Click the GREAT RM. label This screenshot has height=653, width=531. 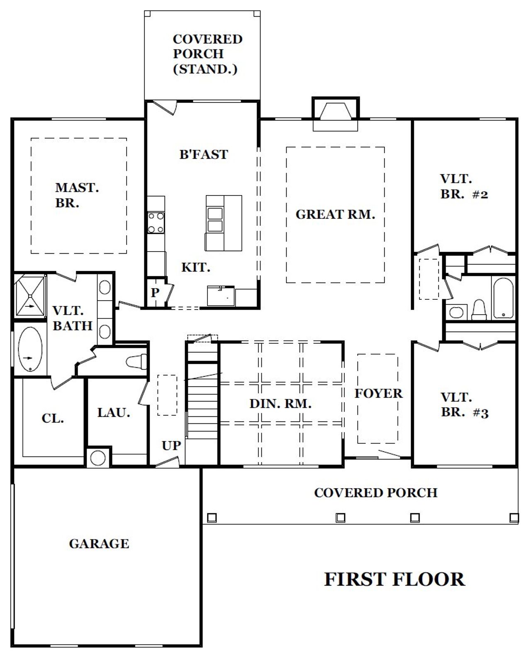pyautogui.click(x=335, y=215)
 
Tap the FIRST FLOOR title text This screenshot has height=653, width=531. pyautogui.click(x=394, y=579)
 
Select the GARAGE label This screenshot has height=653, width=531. pyautogui.click(x=99, y=543)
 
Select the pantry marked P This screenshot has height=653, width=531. pyautogui.click(x=155, y=293)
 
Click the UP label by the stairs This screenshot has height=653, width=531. pyautogui.click(x=171, y=445)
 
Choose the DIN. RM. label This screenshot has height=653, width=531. pyautogui.click(x=280, y=404)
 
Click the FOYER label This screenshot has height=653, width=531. pyautogui.click(x=378, y=394)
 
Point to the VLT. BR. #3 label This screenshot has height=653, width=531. pyautogui.click(x=464, y=405)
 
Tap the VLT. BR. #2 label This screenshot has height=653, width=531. pyautogui.click(x=464, y=186)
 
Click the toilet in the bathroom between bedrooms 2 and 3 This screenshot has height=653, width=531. pyautogui.click(x=479, y=310)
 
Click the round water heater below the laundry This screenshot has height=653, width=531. pyautogui.click(x=98, y=458)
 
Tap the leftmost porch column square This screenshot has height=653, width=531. pyautogui.click(x=212, y=517)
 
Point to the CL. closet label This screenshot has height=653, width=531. pyautogui.click(x=53, y=418)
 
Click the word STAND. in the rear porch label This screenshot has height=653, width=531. pyautogui.click(x=205, y=68)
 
